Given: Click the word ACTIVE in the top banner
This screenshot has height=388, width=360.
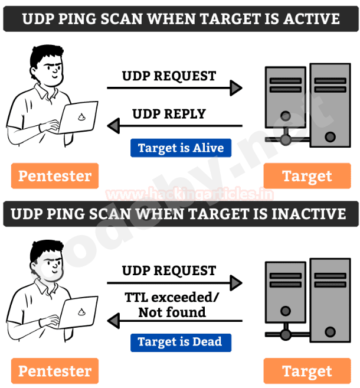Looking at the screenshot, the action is tap(312, 19).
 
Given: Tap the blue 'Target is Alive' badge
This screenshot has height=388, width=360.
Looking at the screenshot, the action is tap(181, 148).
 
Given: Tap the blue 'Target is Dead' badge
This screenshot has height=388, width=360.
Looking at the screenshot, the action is tap(181, 343).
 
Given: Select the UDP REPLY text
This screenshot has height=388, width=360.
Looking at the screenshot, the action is tap(169, 114).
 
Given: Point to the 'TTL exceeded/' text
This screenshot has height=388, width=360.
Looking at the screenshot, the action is tap(172, 297).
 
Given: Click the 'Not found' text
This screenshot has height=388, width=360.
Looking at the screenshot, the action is tap(172, 312).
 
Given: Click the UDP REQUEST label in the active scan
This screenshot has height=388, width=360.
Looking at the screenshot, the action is tap(169, 76).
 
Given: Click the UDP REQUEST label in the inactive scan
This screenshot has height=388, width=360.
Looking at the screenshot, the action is tap(169, 270).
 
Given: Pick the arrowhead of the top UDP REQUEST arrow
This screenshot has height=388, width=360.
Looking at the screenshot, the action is tap(236, 88).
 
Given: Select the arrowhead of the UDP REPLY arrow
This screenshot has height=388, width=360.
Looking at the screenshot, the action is tap(114, 126).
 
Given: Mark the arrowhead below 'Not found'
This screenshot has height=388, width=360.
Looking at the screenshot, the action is tap(114, 321).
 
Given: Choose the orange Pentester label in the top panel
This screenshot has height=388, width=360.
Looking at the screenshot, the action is tap(55, 176).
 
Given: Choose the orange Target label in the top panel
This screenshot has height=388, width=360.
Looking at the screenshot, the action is tap(307, 176).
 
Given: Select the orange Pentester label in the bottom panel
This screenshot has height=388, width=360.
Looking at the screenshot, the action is tap(55, 371).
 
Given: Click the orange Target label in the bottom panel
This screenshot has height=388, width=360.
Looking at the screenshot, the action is tap(307, 371).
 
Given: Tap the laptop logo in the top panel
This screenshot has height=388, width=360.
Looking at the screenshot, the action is tap(81, 117).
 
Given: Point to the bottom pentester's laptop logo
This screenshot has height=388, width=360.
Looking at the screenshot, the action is tap(81, 312).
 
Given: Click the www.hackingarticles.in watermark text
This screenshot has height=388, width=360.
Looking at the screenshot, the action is tap(189, 194).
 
